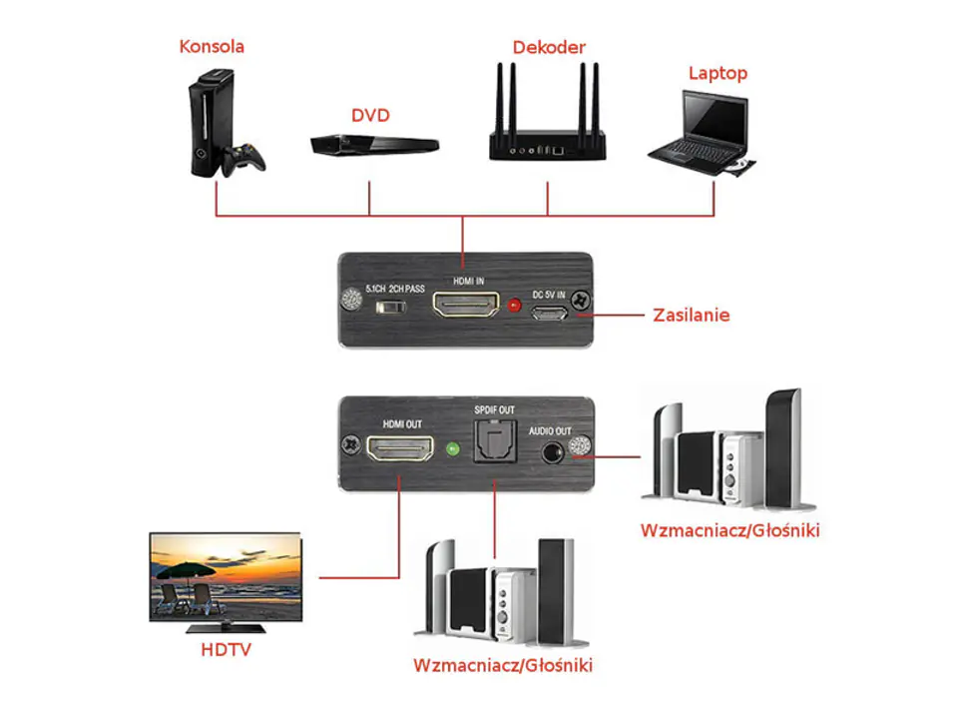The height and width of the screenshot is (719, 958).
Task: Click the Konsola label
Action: tap(212, 47)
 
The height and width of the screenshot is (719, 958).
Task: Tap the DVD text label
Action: tap(370, 115)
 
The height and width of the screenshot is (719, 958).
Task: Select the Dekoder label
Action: tap(549, 47)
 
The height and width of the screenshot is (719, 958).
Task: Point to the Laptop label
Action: tap(718, 73)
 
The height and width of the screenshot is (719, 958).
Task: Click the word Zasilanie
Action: tap(691, 315)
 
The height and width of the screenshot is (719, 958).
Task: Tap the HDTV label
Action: tap(227, 649)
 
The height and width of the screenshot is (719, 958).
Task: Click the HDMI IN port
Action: tap(466, 304)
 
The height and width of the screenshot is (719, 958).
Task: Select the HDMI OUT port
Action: tap(399, 448)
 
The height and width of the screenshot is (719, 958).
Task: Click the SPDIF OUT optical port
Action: tap(496, 441)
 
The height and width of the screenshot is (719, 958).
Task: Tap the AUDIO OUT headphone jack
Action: tap(553, 453)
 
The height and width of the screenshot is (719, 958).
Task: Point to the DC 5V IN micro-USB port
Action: tap(549, 314)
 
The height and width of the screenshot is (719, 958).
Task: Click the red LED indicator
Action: tap(515, 305)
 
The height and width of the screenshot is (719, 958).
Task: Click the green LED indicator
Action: tap(453, 449)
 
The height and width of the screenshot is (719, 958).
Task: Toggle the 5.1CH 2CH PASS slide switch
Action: tap(391, 306)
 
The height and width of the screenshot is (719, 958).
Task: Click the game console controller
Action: tap(243, 159)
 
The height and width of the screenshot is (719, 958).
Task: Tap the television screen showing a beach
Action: tap(227, 577)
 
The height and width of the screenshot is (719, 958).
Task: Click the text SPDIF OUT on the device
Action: tap(494, 409)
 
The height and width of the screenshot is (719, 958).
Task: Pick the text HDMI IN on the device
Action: tap(469, 282)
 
